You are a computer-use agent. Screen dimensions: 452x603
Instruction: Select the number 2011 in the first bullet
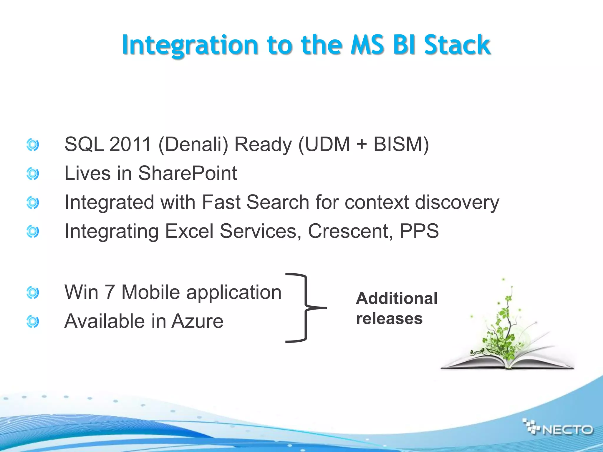[x=130, y=144]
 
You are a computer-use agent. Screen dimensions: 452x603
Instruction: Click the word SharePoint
[x=188, y=173]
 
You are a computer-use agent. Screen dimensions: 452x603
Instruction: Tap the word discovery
[x=457, y=203]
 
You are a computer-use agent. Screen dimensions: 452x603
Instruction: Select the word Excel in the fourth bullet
[x=189, y=231]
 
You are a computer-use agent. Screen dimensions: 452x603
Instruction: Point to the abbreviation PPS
[x=419, y=231]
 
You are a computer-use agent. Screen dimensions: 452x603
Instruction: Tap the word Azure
[x=197, y=321]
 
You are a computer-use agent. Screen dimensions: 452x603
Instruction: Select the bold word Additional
[x=397, y=298]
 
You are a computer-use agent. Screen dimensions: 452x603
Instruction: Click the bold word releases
[x=389, y=319]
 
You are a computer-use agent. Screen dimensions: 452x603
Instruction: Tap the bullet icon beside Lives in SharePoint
[x=32, y=174]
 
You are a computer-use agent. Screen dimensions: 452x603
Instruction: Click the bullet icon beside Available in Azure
[x=32, y=321]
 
